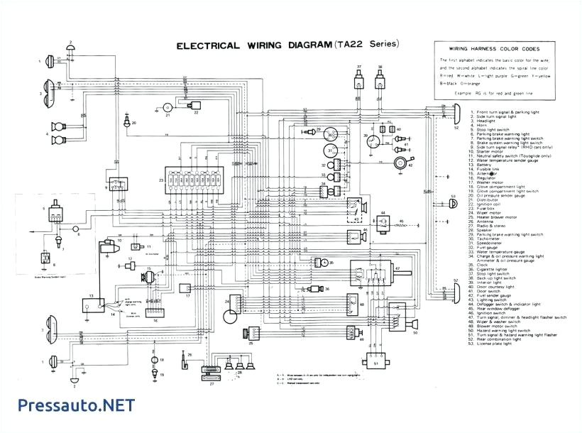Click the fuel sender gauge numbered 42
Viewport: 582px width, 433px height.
[396, 165]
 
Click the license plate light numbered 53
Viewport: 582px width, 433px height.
[451, 204]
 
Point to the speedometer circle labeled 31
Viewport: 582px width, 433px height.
[330, 150]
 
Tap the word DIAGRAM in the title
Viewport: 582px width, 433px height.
[300, 46]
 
